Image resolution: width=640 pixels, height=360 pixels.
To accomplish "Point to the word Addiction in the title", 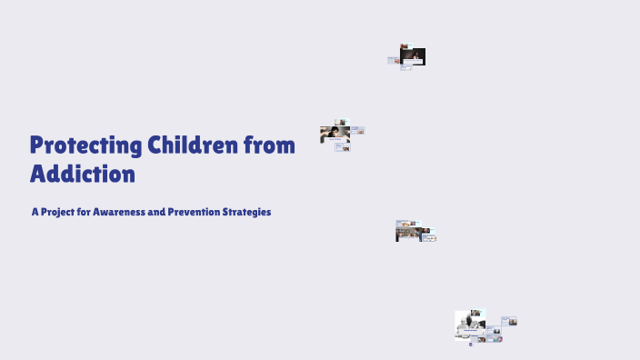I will point(83,174).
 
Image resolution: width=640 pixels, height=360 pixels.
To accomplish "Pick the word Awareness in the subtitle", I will point(126,212).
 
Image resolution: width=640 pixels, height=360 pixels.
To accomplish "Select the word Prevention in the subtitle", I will point(201,212).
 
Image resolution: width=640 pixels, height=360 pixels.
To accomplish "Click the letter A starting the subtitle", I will point(35,212).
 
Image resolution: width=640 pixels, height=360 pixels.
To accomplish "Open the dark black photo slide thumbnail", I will point(414,56).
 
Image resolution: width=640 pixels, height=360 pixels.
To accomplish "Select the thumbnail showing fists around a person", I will point(335,135).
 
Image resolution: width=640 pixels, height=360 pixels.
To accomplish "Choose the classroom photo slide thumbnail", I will point(405,232).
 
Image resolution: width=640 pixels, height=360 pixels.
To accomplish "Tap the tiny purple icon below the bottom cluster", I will point(471,345).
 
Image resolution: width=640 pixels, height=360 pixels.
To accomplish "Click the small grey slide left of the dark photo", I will point(393,60).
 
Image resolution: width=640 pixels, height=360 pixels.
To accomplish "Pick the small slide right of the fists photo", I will point(357,131).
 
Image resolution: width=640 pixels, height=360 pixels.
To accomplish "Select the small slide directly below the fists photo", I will point(342,146).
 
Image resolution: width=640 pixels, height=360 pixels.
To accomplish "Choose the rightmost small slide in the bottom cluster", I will point(509,321).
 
